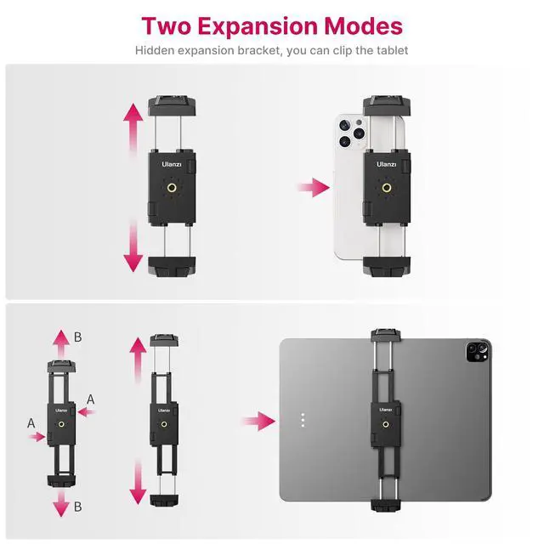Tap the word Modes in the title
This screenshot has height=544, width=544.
coord(361,25)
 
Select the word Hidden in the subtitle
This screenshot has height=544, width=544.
coord(157,51)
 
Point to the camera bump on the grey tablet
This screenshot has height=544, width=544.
coord(473,350)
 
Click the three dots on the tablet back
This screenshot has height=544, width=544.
coord(303,420)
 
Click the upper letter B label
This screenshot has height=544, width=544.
coord(78,337)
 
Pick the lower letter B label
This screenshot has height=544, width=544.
coord(77,507)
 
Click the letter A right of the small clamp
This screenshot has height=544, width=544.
coord(91,399)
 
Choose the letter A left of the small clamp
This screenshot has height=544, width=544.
coord(31,422)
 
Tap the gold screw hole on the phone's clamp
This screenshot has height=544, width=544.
coord(388,189)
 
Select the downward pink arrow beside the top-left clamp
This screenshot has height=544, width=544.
coord(133,246)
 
